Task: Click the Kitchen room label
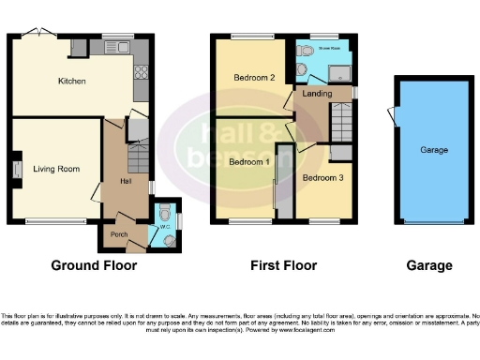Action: (x=71, y=82)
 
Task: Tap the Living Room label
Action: (x=56, y=170)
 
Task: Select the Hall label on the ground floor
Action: (x=126, y=181)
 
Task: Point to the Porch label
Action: (x=119, y=234)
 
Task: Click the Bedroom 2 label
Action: (x=252, y=78)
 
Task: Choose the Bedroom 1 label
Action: (x=248, y=162)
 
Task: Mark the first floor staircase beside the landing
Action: (x=340, y=121)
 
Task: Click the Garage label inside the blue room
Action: (x=434, y=150)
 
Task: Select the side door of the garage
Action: (x=392, y=116)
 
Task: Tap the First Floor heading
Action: (x=284, y=266)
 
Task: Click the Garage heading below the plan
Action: (x=428, y=266)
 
